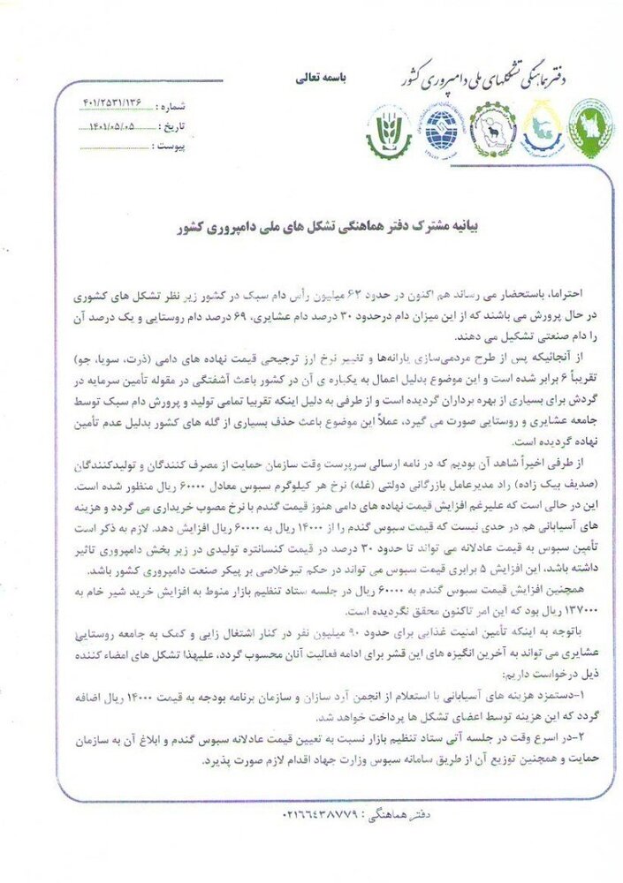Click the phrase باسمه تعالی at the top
323,79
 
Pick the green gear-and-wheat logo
390,132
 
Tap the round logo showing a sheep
492,131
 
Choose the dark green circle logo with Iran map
590,129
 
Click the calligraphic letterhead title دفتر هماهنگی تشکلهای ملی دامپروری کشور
495,78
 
